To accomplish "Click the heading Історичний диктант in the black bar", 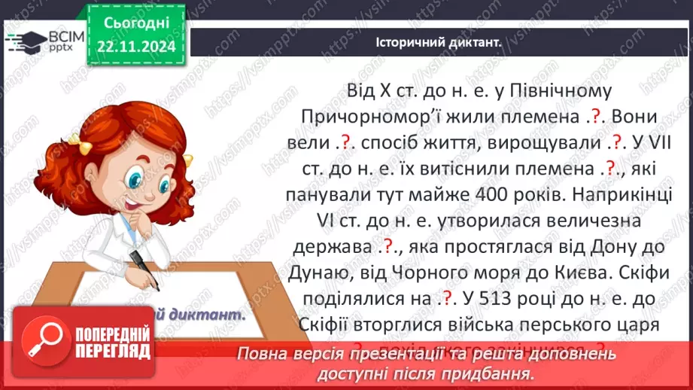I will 438,43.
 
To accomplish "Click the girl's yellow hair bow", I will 78,139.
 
